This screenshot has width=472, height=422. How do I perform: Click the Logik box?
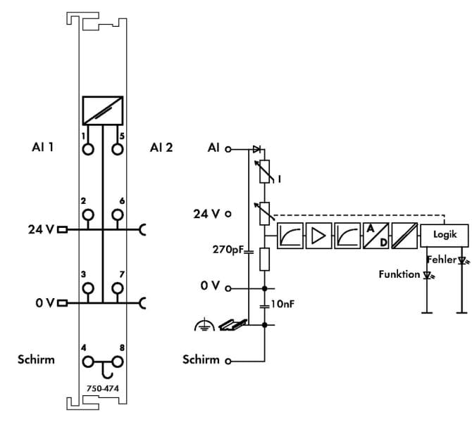pos(445,236)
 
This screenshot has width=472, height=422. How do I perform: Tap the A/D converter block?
pos(376,236)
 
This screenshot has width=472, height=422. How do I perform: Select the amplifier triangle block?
pos(319,236)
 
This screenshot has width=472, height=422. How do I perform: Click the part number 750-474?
pos(103,388)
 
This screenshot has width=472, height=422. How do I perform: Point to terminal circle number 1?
pos(88,149)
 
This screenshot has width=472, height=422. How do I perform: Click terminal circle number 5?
pos(118,149)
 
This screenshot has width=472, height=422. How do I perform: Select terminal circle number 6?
pos(118,215)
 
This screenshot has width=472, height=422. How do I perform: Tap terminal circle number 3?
pos(88,288)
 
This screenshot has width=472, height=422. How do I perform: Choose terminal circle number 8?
pos(118,362)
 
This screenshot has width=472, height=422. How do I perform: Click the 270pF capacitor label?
pos(228,250)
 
